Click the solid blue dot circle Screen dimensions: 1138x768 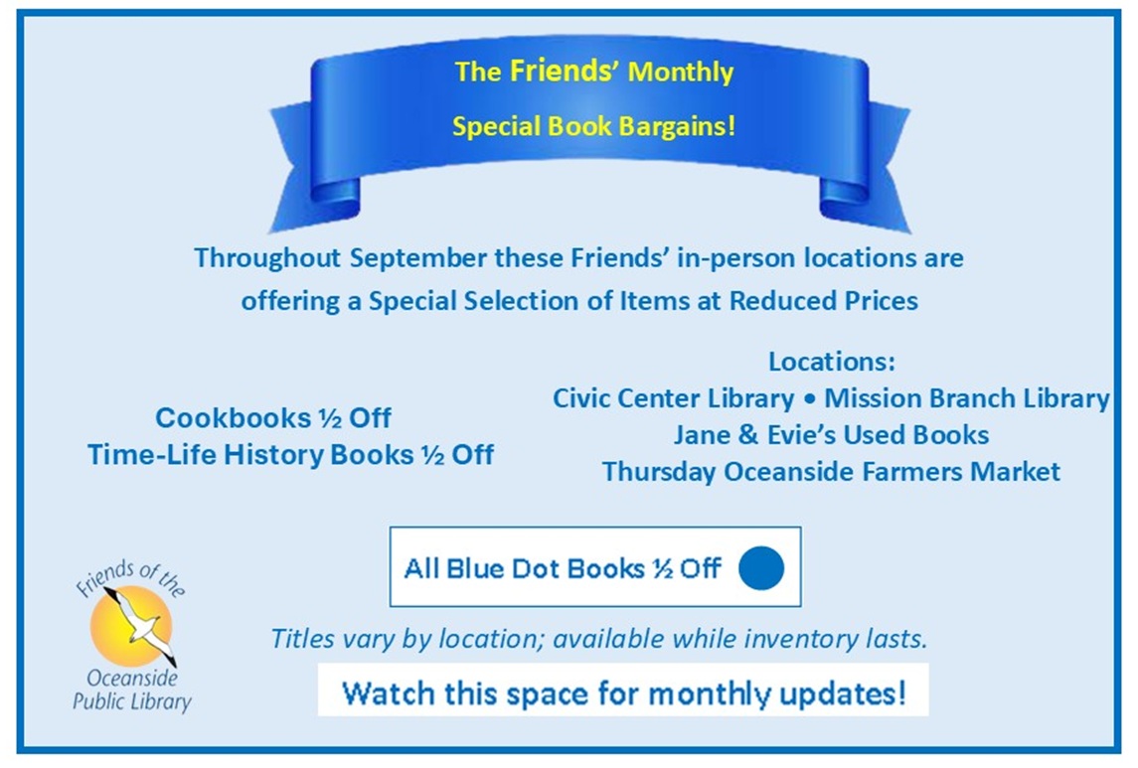(x=761, y=568)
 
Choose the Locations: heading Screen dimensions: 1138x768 (x=832, y=362)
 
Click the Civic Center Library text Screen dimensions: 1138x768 (x=674, y=398)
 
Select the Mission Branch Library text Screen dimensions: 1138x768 (x=967, y=398)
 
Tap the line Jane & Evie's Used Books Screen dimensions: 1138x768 (x=831, y=435)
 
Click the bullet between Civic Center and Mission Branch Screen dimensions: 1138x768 (x=809, y=398)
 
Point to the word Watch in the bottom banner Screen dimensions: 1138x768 (x=389, y=693)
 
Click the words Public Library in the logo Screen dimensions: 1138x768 (x=132, y=702)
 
